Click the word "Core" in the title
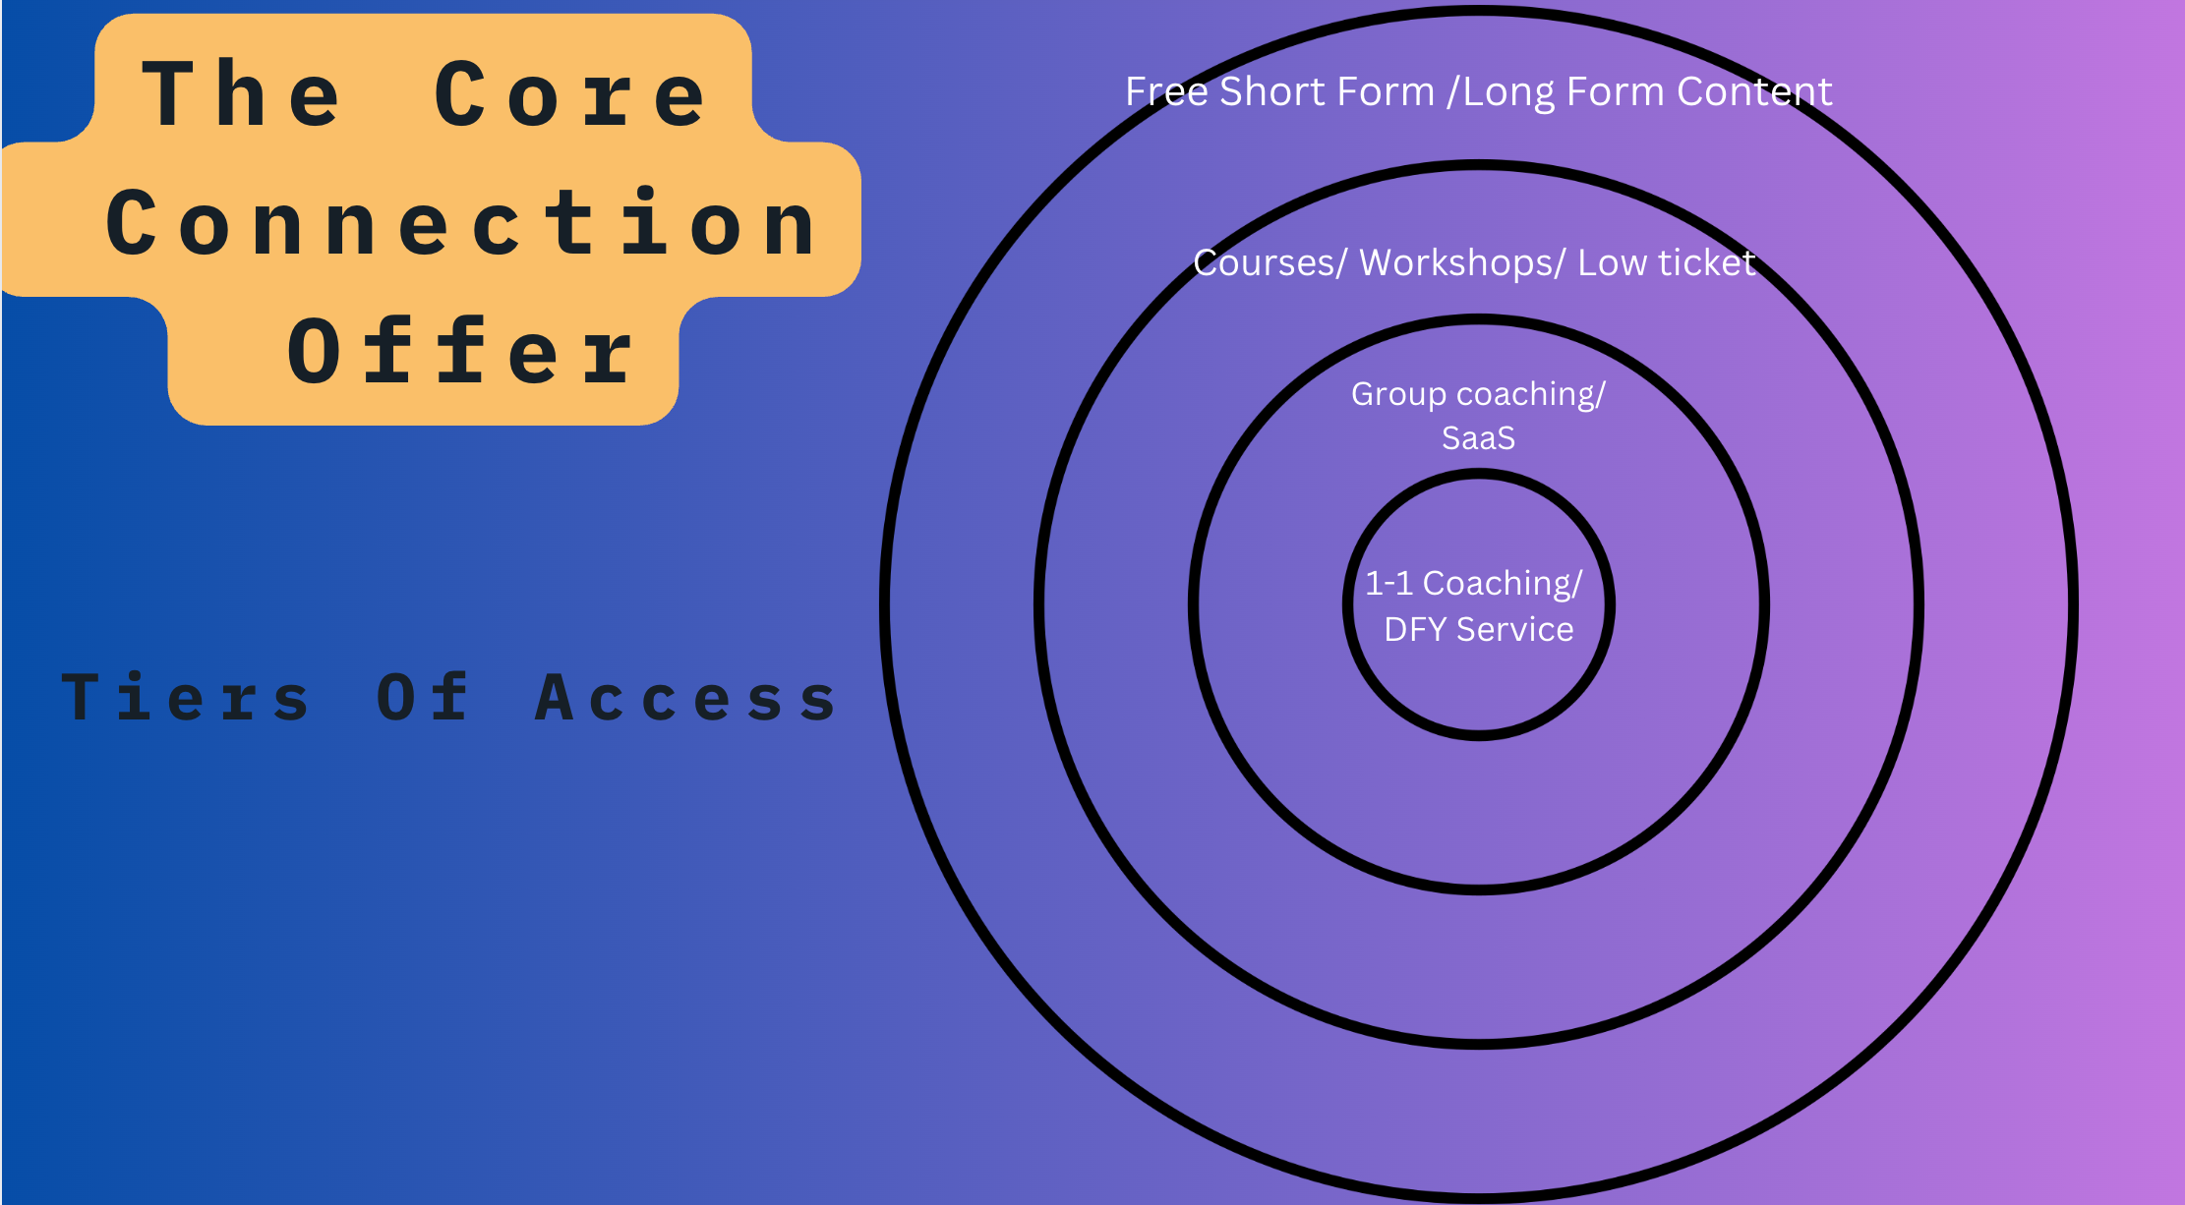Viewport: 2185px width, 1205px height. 570,94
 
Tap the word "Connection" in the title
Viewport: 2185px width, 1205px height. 460,224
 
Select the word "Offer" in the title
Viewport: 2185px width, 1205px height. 460,352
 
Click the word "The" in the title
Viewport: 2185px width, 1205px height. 242,94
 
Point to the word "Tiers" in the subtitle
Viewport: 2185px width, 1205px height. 187,698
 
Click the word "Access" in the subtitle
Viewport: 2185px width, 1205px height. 686,698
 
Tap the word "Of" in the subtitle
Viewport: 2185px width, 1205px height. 423,698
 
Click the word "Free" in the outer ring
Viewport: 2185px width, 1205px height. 1166,91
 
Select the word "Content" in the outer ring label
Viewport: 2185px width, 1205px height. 1754,91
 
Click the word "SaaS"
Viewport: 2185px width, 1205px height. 1478,437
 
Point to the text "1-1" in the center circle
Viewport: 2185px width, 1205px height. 1388,584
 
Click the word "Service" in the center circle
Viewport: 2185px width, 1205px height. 1514,629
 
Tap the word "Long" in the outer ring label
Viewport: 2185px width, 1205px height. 1508,91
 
